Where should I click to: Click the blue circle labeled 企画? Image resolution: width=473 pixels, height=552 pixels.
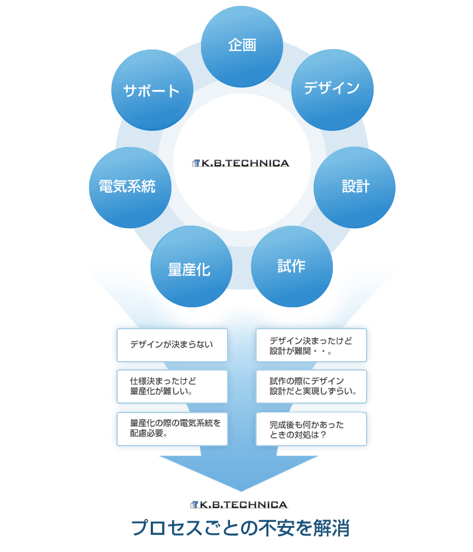pyautogui.click(x=242, y=46)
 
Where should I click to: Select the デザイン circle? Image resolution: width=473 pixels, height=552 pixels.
pyautogui.click(x=332, y=89)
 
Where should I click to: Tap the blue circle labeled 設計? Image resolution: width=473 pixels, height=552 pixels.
pyautogui.click(x=354, y=187)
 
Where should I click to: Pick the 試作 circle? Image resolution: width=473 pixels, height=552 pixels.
pyautogui.click(x=291, y=267)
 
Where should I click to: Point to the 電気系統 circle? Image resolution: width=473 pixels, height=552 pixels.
pyautogui.click(x=129, y=187)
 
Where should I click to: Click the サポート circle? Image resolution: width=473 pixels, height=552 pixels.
pyautogui.click(x=152, y=90)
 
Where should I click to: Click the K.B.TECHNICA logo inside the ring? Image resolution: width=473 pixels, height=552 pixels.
pyautogui.click(x=241, y=163)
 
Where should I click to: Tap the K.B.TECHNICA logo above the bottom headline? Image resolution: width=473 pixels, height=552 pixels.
pyautogui.click(x=239, y=505)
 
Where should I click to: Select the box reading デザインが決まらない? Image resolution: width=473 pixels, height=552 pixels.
pyautogui.click(x=172, y=345)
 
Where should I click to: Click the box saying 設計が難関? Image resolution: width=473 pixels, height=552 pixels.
pyautogui.click(x=311, y=345)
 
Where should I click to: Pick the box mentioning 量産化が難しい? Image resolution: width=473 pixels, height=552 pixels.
pyautogui.click(x=172, y=387)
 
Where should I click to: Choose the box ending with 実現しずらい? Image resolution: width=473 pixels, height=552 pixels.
pyautogui.click(x=311, y=387)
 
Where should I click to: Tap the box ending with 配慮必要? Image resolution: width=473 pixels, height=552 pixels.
pyautogui.click(x=172, y=428)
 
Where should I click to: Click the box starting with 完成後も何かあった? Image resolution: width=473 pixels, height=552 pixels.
pyautogui.click(x=311, y=429)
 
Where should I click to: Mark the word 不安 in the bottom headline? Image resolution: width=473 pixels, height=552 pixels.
pyautogui.click(x=276, y=528)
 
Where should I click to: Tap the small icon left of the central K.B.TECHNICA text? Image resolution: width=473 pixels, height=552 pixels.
pyautogui.click(x=196, y=163)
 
